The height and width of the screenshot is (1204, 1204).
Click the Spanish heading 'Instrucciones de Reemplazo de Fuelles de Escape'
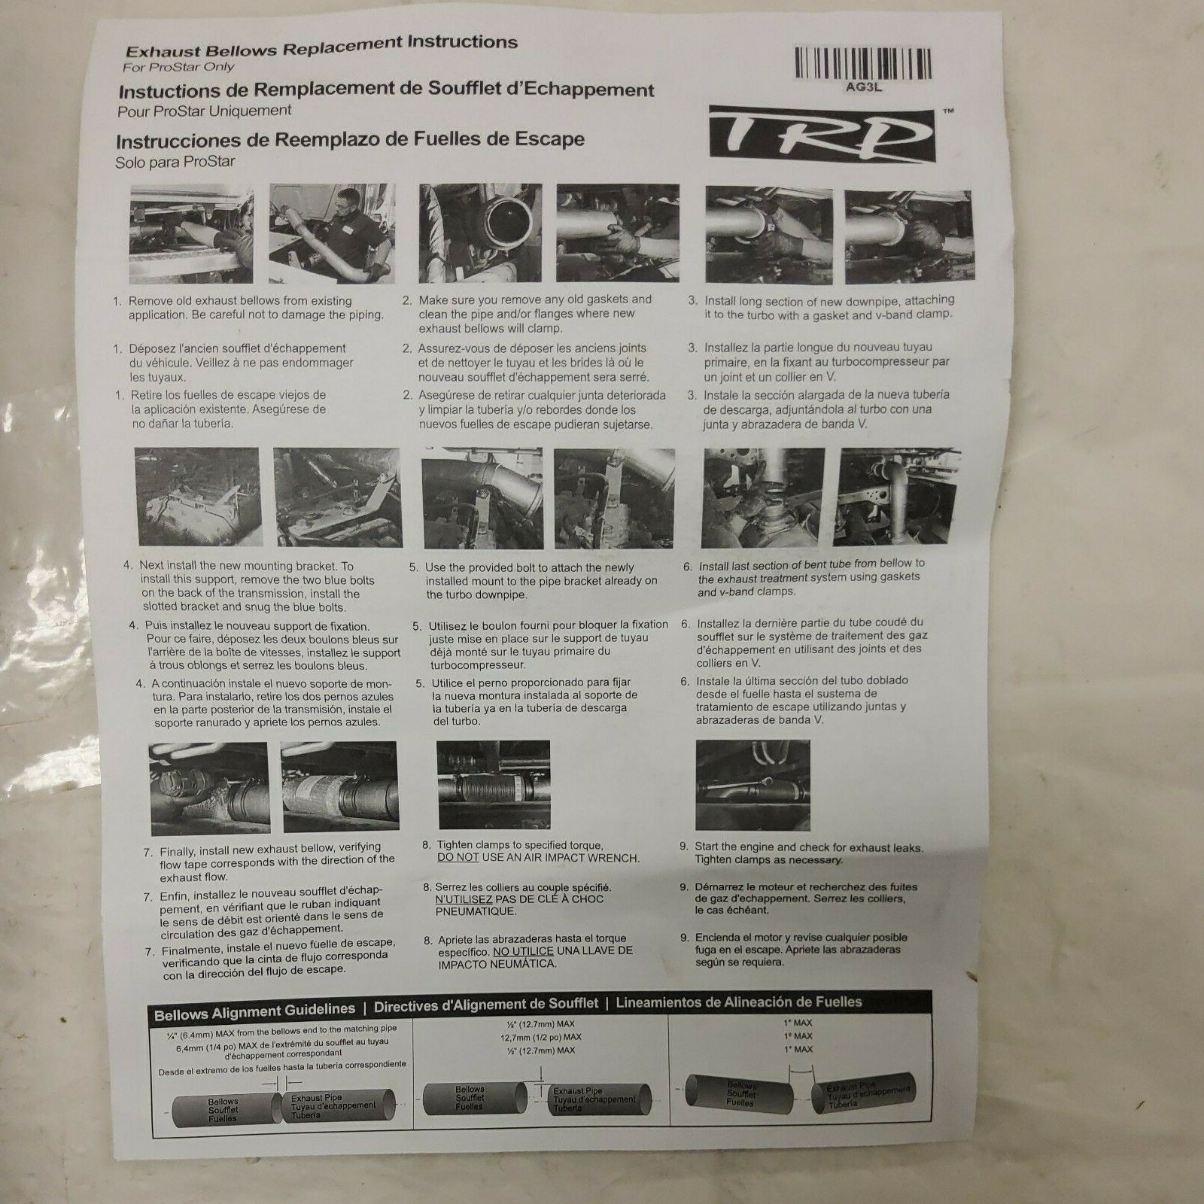(x=349, y=140)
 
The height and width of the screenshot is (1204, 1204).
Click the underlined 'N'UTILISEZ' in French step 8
(x=464, y=899)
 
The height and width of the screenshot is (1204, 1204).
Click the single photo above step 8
(x=494, y=783)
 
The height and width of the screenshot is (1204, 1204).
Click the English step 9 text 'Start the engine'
(x=808, y=847)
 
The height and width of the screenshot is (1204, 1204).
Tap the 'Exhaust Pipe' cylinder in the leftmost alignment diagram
(x=336, y=1106)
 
